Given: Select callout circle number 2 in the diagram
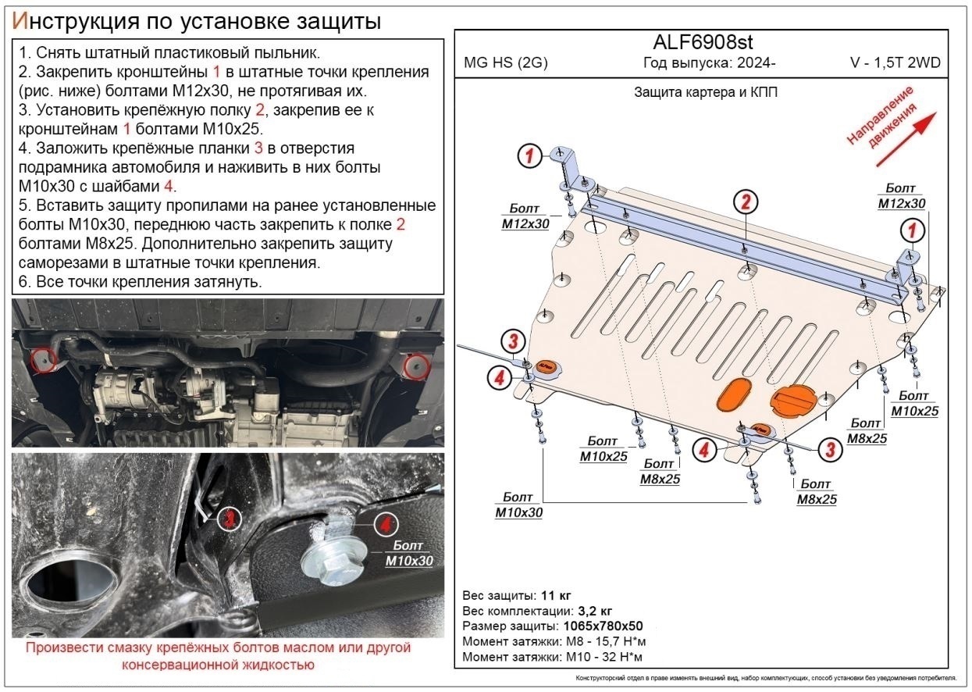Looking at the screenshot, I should click(x=746, y=202).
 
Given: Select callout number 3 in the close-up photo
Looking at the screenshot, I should click(x=228, y=518).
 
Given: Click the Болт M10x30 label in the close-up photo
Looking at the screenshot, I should click(x=408, y=553).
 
